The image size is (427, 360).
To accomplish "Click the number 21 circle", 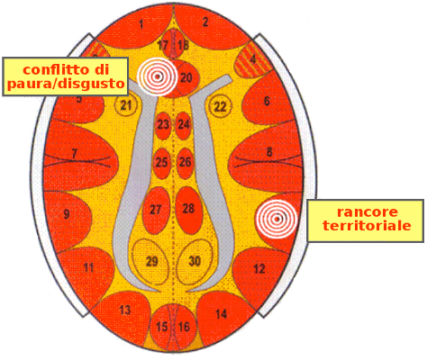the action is point(126,105).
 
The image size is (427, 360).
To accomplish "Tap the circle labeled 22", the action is point(221,106).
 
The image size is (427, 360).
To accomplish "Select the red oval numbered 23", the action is point(163,126).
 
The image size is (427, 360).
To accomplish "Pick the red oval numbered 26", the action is point(185,164).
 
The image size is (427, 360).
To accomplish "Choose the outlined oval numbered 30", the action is point(195,261).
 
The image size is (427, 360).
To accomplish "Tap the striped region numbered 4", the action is point(252,59).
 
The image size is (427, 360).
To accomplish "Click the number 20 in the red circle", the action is point(186,78).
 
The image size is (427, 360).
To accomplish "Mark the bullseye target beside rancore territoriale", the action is point(277,219).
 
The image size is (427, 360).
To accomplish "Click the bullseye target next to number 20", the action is point(158,76).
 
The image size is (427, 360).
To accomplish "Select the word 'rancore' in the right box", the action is point(367,212).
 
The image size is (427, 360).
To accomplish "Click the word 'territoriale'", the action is point(367,225).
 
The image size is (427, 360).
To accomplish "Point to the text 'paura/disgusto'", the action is point(66,84).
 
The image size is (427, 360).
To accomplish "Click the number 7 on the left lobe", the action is point(74,154).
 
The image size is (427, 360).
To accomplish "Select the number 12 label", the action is point(259,269).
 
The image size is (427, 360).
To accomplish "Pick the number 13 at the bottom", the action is point(125,310).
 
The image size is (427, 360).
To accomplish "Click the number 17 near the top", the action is point(163,45).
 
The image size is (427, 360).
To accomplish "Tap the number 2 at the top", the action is point(205,22).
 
